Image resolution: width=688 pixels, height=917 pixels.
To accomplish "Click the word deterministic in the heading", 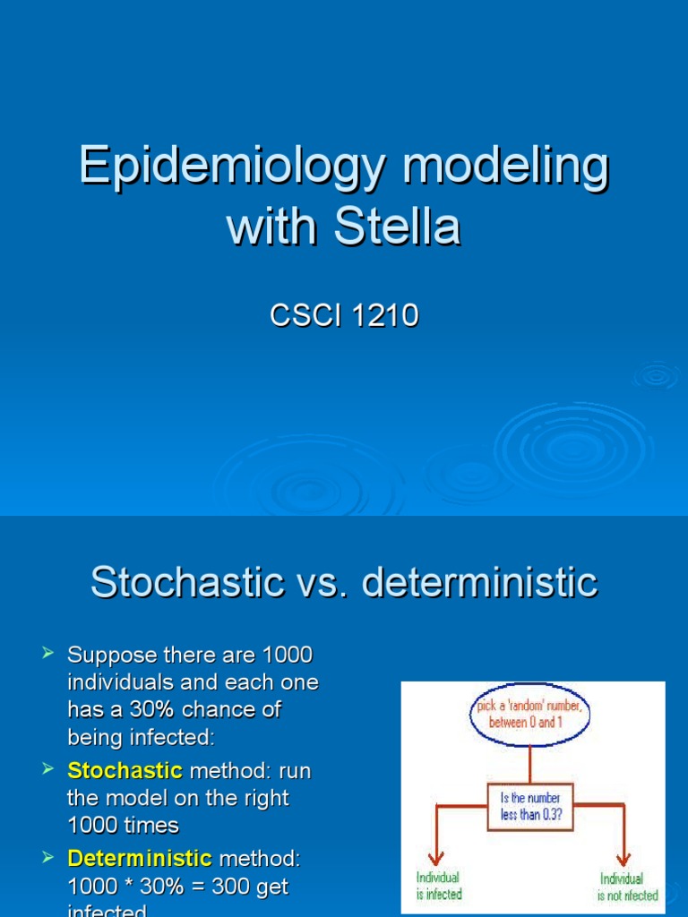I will [479, 583].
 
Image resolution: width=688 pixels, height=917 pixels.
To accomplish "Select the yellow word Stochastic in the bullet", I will [125, 770].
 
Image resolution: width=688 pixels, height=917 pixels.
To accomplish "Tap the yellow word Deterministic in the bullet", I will [140, 859].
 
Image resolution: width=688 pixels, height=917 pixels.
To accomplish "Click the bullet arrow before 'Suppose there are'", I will [48, 656].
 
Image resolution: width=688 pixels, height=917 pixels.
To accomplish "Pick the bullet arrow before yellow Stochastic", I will [48, 770].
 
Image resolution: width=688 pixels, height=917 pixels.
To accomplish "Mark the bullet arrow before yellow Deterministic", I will [48, 859].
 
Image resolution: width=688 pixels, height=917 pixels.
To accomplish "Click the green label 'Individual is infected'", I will [439, 886].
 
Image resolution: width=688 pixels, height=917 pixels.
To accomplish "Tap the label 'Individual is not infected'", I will [627, 886].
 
